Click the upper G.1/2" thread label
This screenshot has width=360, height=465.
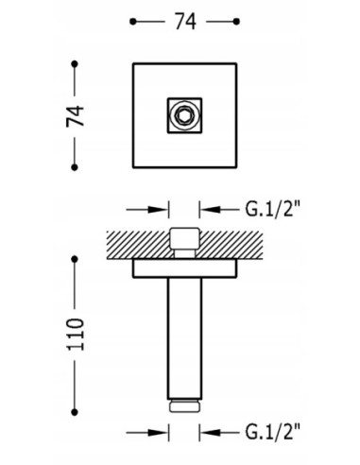click(276, 209)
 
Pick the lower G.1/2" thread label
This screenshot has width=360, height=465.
click(276, 433)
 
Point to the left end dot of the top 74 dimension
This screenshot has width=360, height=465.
click(131, 21)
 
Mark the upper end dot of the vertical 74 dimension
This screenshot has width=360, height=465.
click(73, 64)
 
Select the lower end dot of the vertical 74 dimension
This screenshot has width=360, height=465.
click(73, 166)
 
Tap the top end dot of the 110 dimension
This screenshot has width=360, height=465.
click(73, 255)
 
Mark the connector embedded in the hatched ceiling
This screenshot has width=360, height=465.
click(183, 242)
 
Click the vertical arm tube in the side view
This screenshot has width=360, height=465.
click(183, 336)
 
